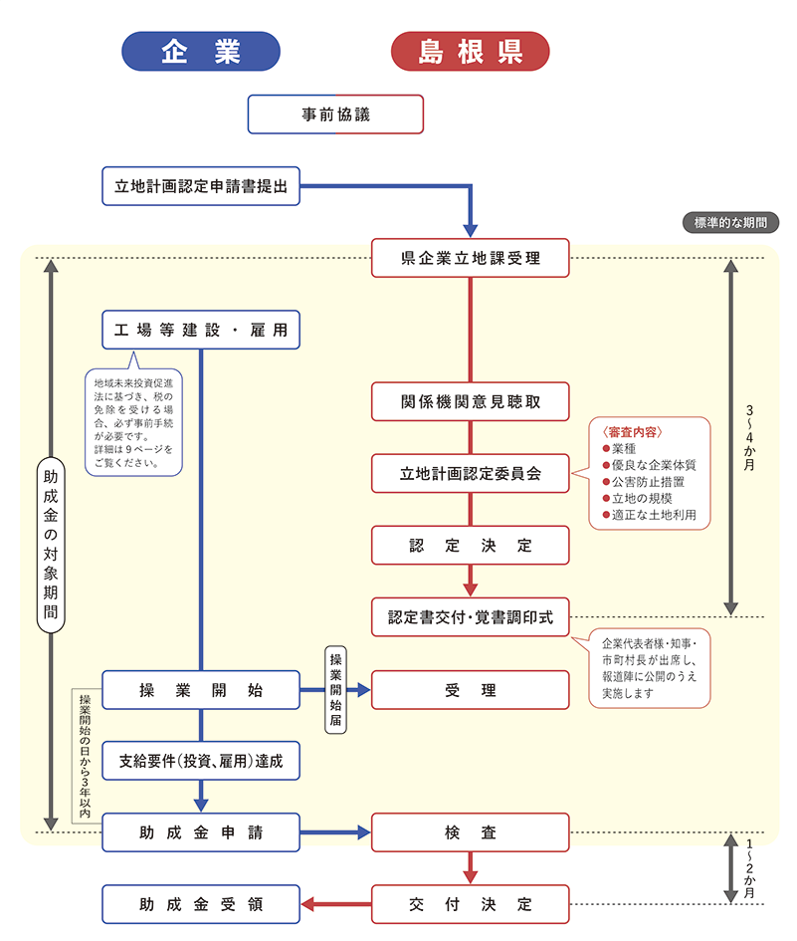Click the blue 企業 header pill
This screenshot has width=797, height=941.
point(201,52)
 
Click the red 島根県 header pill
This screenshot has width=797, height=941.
point(471,52)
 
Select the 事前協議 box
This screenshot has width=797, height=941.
point(335,115)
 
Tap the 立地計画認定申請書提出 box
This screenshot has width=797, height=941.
point(201,185)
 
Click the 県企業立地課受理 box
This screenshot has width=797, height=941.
point(471,258)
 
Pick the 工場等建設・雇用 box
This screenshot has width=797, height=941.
point(201,330)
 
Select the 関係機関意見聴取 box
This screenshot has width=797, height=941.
point(471,401)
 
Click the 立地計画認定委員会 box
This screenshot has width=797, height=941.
point(471,473)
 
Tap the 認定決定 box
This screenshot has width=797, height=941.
point(471,546)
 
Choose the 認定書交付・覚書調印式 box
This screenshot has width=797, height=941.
point(471,617)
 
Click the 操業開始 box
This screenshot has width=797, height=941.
point(201,689)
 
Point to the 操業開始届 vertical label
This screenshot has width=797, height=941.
point(336,689)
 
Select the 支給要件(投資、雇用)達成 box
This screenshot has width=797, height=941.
point(201,761)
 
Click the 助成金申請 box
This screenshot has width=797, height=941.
point(201,832)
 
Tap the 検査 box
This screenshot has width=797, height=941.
point(471,832)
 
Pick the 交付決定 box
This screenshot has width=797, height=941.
point(471,904)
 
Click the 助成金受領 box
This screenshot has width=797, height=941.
point(201,904)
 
